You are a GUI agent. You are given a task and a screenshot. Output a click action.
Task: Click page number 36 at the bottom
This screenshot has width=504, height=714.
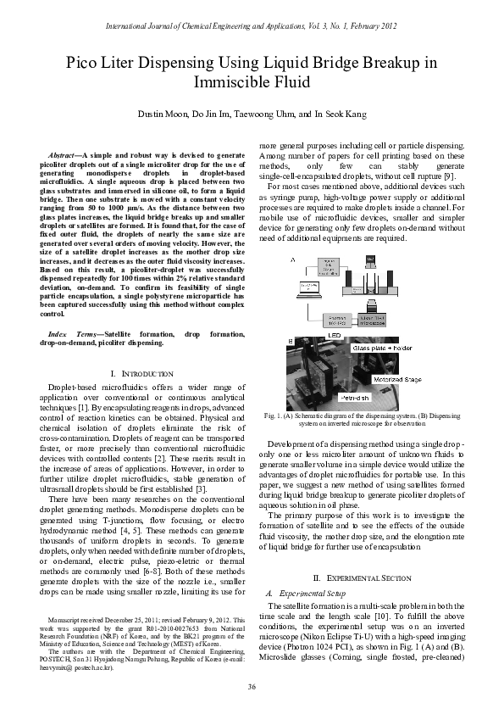(x=252, y=687)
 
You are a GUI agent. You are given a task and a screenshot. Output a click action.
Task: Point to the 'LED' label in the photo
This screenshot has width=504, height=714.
(x=310, y=336)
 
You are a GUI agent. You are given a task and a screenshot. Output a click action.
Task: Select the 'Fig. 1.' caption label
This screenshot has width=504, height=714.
(x=274, y=416)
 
